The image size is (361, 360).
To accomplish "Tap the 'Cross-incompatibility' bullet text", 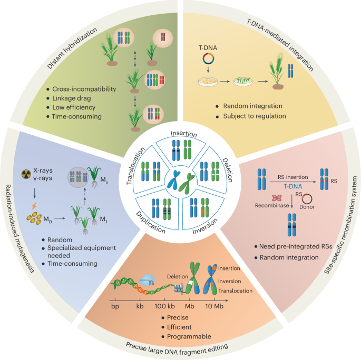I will pos(87,88).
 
